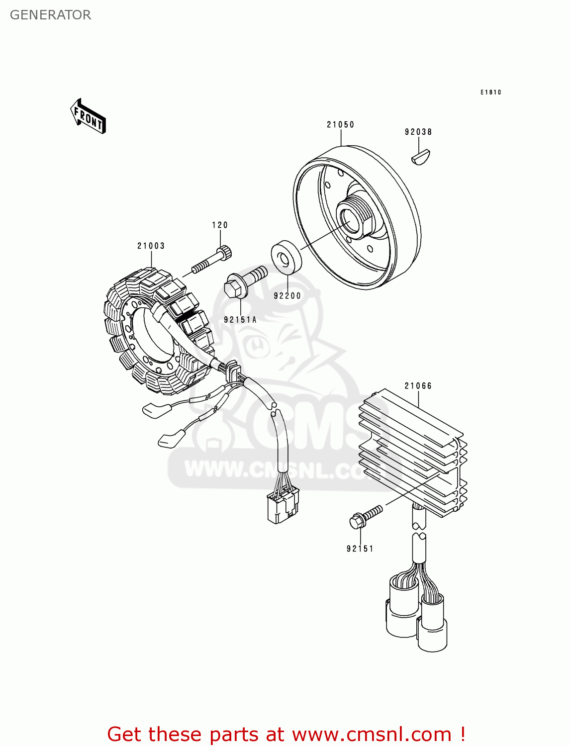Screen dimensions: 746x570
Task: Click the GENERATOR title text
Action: (50, 15)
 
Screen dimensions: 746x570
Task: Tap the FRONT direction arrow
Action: (88, 117)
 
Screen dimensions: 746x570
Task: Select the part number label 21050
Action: (340, 125)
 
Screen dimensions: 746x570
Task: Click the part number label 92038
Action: (418, 132)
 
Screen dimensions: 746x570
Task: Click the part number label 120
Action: (220, 225)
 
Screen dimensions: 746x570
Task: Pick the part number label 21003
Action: (151, 246)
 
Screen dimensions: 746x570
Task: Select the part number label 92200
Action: (287, 295)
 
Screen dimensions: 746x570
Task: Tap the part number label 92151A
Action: (240, 320)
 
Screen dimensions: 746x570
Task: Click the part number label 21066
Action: (418, 386)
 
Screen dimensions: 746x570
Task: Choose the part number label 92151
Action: (360, 549)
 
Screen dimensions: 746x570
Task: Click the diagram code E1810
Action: (490, 93)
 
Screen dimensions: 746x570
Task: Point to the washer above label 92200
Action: (286, 258)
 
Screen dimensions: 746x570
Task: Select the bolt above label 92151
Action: (366, 515)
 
